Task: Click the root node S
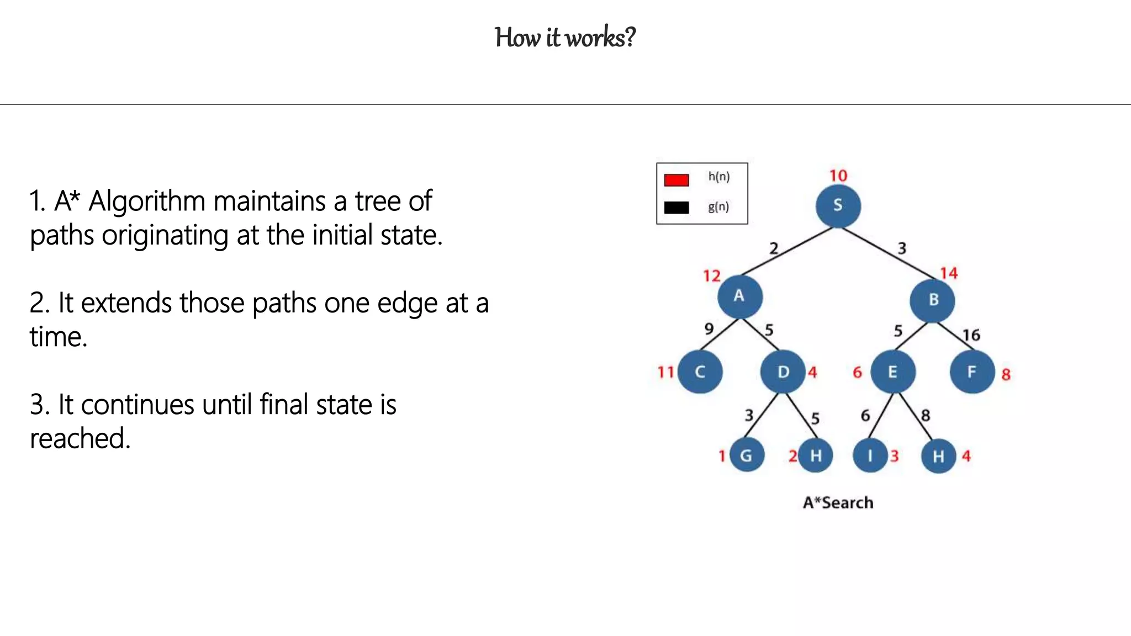point(838,206)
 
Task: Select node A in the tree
point(739,296)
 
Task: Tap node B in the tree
point(933,300)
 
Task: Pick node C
point(700,372)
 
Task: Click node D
point(783,372)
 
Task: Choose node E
point(892,372)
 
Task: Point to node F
point(972,372)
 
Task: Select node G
point(746,455)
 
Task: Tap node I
point(870,455)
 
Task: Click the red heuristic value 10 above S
point(838,176)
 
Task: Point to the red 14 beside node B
point(949,273)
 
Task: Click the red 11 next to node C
point(665,372)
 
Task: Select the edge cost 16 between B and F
point(971,335)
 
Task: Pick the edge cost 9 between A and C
point(709,329)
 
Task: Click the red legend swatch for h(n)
point(677,180)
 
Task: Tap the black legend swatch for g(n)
point(677,208)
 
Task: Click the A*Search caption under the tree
point(838,502)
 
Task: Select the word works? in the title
point(601,38)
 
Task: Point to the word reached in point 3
point(80,439)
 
